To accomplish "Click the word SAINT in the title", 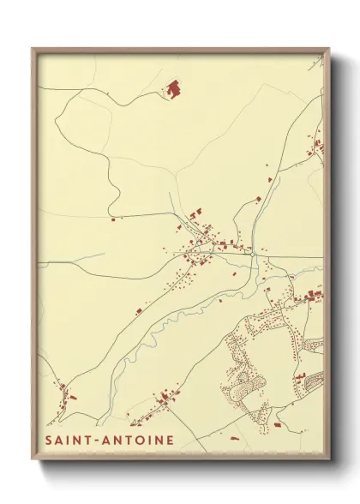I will pyautogui.click(x=69, y=441).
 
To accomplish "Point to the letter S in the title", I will pyautogui.click(x=49, y=441).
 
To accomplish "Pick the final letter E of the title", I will pyautogui.click(x=171, y=441).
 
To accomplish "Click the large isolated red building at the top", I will pyautogui.click(x=173, y=87).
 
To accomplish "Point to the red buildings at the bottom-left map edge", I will pyautogui.click(x=65, y=393).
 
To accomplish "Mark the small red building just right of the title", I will pyautogui.click(x=235, y=437).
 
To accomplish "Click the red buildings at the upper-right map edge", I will pyautogui.click(x=319, y=146).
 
